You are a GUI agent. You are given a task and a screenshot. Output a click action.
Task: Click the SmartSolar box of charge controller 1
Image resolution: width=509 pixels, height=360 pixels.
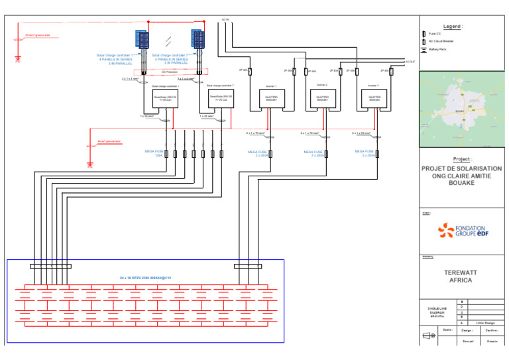point(166,101)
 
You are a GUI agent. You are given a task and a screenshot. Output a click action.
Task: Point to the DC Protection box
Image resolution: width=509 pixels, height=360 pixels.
point(170,72)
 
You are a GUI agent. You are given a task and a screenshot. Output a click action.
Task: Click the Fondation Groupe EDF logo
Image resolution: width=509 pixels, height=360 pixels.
point(462,231)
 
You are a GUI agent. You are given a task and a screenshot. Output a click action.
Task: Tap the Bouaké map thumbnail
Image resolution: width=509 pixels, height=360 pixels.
point(462,111)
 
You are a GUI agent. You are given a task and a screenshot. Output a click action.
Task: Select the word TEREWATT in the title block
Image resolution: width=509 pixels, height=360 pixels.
point(462,272)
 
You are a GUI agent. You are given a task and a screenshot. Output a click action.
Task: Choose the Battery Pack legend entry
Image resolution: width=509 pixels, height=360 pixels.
point(439,49)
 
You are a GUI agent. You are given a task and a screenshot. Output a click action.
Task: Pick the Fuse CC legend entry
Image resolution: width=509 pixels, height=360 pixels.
point(435,33)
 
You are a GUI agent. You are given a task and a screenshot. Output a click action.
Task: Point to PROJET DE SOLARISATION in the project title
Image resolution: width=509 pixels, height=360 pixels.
point(462,169)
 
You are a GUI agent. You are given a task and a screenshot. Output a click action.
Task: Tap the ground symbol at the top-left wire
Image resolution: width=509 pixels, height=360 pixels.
point(18,58)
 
